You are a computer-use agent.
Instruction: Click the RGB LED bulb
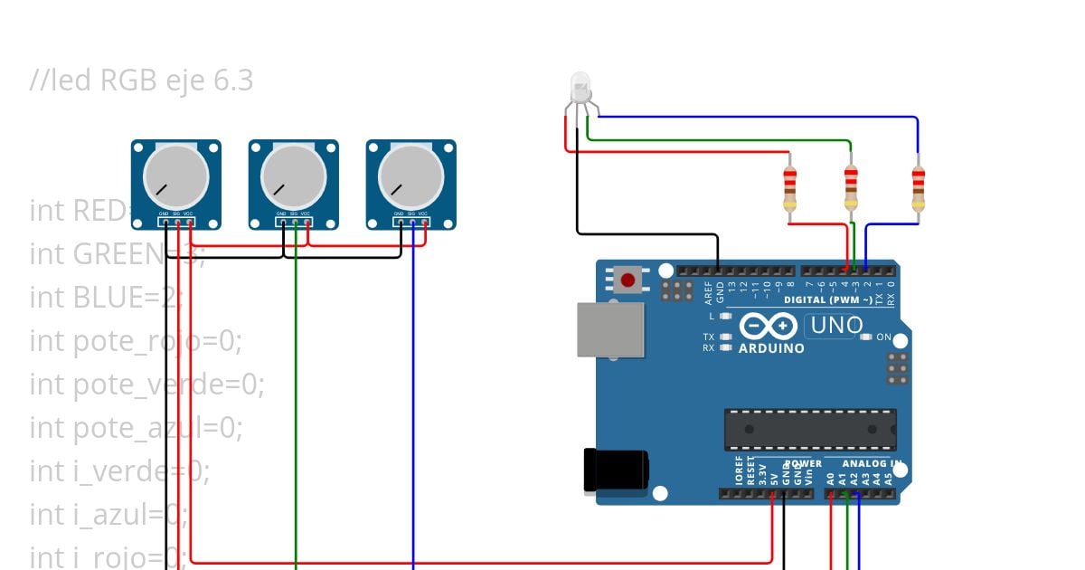(x=580, y=88)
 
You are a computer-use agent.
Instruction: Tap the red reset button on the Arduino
(x=627, y=280)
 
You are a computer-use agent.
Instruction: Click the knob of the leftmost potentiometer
(x=175, y=177)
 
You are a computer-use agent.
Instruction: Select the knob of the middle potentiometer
(x=293, y=177)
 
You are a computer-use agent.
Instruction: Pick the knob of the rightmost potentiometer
(x=410, y=177)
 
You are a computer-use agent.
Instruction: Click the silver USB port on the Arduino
(x=611, y=328)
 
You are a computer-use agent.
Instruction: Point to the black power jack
(x=617, y=471)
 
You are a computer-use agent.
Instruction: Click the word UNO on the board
(x=834, y=325)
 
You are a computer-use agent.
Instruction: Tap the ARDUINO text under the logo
(x=771, y=348)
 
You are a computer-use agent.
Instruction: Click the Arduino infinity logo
(x=769, y=326)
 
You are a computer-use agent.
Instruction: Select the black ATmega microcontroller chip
(x=810, y=430)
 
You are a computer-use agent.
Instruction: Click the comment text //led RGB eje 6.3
(x=141, y=81)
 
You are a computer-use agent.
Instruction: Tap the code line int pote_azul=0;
(x=136, y=426)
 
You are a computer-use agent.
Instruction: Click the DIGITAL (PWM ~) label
(x=828, y=299)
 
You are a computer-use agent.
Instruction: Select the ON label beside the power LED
(x=884, y=337)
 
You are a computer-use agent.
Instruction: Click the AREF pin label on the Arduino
(x=709, y=290)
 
